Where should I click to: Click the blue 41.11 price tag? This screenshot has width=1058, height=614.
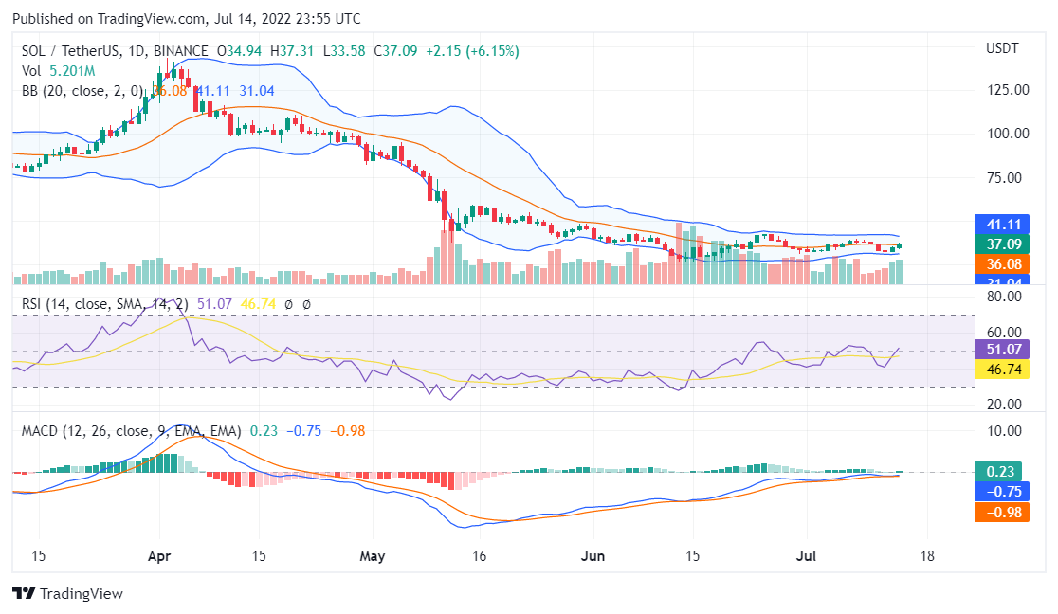[x=1001, y=224]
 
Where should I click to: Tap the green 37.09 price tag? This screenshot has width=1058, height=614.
[x=1001, y=244]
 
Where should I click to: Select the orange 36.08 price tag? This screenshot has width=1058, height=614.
[x=1001, y=264]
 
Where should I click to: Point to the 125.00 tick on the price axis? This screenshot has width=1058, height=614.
[x=1008, y=90]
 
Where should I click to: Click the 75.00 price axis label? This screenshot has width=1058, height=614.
[x=1008, y=177]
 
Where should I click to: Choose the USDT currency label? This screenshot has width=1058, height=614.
[x=1002, y=48]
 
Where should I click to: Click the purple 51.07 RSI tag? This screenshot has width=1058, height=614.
[x=1001, y=349]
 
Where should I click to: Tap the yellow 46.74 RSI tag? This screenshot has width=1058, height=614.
[x=1001, y=369]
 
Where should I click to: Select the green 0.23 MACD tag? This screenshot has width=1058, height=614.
[x=1001, y=471]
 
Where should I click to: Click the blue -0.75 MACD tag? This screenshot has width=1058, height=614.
[x=1001, y=492]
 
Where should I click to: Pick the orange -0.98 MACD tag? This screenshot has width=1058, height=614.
[x=1001, y=513]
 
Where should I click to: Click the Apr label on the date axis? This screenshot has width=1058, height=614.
[x=159, y=556]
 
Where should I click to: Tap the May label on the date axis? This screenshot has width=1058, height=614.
[x=374, y=556]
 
